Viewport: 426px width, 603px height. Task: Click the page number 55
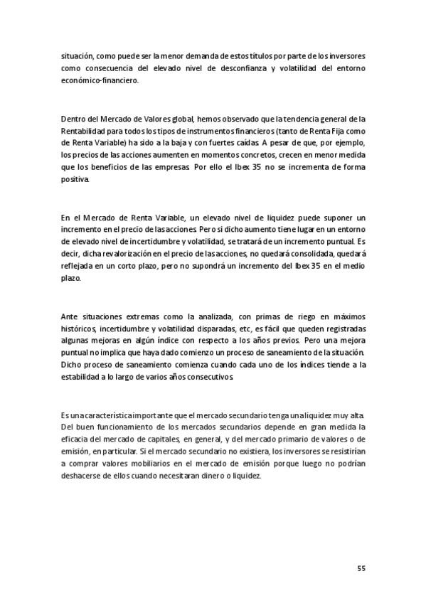point(361,568)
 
